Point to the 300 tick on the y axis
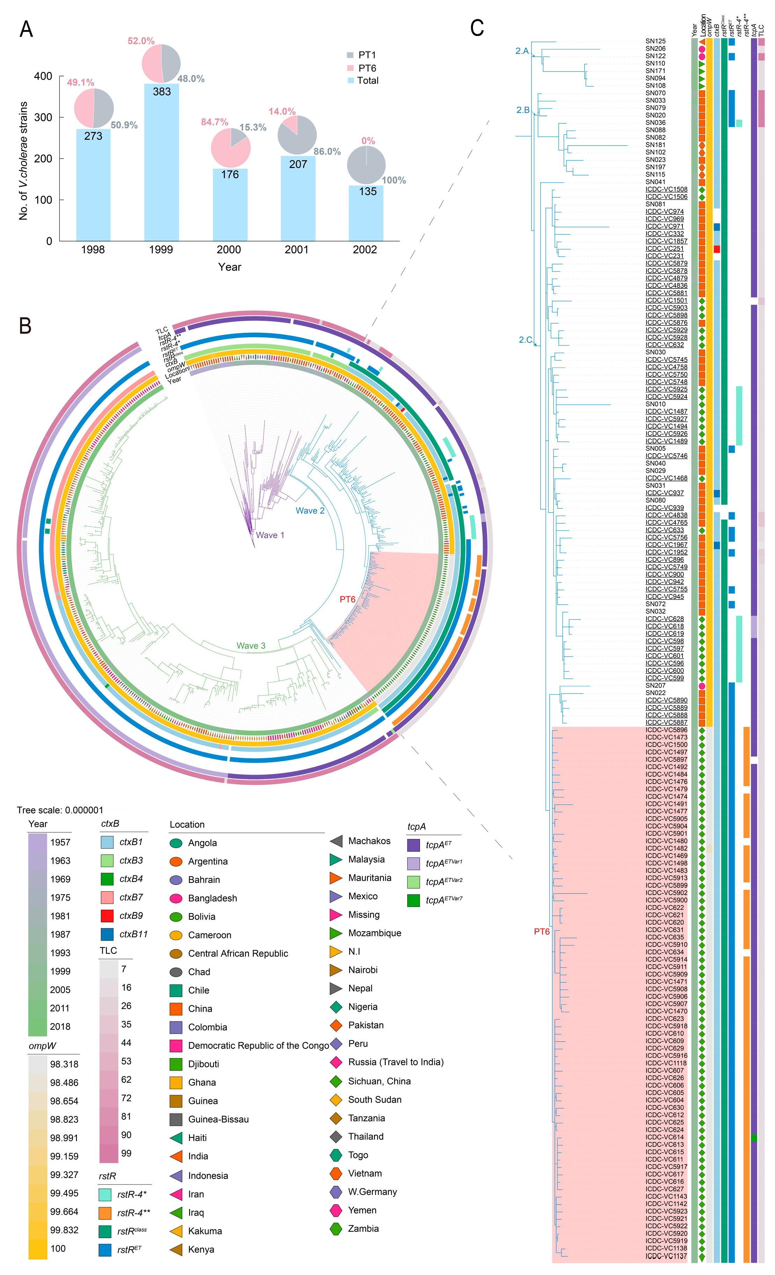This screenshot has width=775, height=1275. coord(43,117)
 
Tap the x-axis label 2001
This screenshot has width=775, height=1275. coord(297,250)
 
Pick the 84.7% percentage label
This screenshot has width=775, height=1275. coord(214,122)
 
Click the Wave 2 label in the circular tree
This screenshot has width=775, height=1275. coord(310,511)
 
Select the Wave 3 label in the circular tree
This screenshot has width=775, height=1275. coord(251,646)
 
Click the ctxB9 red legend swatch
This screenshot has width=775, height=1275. coord(107,916)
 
